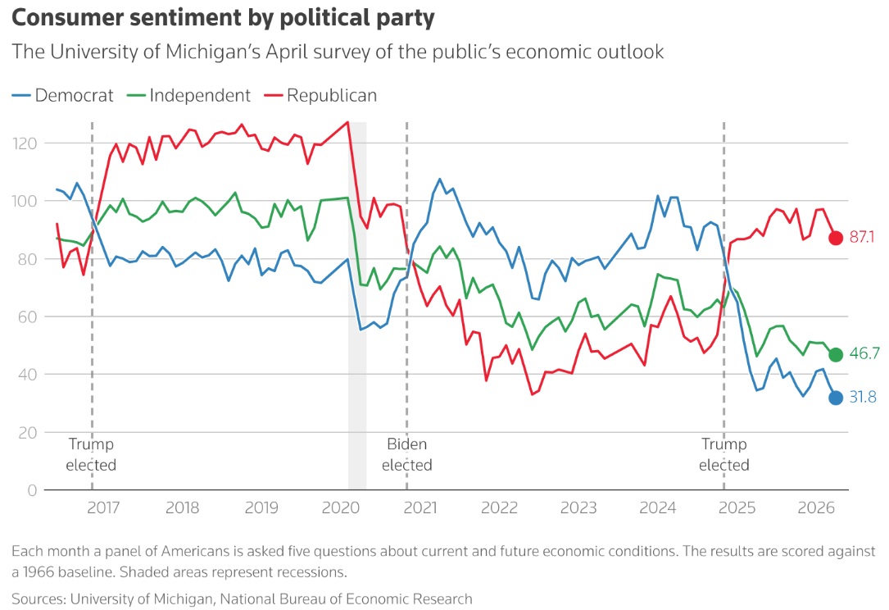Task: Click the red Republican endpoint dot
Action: click(x=835, y=238)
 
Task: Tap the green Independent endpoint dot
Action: click(x=835, y=355)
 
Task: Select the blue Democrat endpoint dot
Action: click(x=835, y=398)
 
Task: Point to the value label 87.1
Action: click(x=862, y=237)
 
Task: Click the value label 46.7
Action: click(x=864, y=353)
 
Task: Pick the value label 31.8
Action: click(x=862, y=397)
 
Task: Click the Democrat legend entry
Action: click(x=63, y=95)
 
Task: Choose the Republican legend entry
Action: click(x=320, y=95)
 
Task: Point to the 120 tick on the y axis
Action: click(x=25, y=143)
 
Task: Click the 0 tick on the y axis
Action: click(x=32, y=490)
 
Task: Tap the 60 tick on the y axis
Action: click(x=26, y=316)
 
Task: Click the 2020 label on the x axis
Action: click(x=341, y=508)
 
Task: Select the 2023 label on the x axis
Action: click(x=578, y=508)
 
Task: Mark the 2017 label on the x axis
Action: click(x=103, y=508)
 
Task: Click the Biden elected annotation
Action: click(x=406, y=454)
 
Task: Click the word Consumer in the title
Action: click(x=67, y=17)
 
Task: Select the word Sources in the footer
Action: click(x=39, y=599)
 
